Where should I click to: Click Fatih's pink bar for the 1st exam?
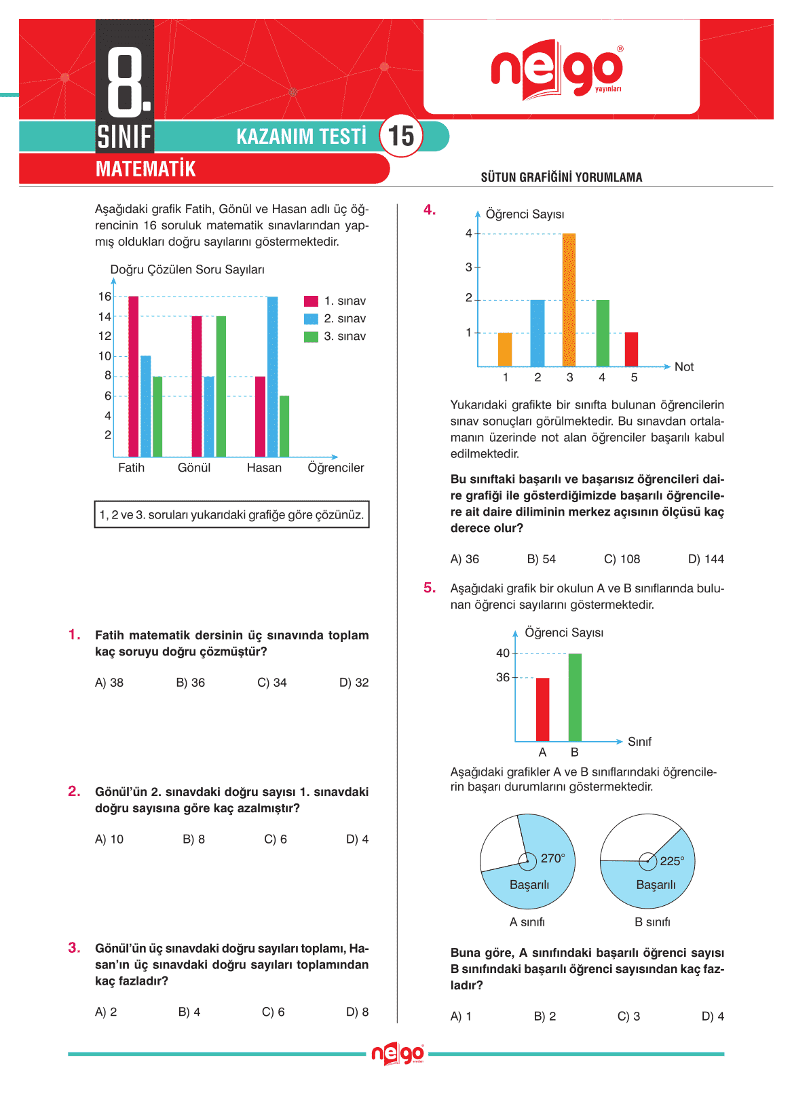tap(133, 377)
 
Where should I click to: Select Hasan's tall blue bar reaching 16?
tap(272, 377)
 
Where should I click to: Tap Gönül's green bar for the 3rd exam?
tap(221, 386)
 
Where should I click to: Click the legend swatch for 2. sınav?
tap(311, 319)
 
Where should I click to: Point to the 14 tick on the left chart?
tap(105, 317)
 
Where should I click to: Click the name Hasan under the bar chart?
tap(264, 468)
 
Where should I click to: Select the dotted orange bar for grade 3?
tap(569, 300)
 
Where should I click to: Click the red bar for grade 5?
tap(631, 349)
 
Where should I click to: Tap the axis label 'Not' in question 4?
tap(683, 367)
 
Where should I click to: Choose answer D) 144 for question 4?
tap(706, 559)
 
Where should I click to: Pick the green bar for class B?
tap(575, 697)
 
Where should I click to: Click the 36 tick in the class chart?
tap(502, 677)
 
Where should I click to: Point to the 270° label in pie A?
tap(552, 858)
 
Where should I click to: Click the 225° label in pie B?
tap(672, 861)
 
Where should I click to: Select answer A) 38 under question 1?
tap(109, 683)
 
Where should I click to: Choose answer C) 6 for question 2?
tap(275, 839)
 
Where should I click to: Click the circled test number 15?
tap(400, 136)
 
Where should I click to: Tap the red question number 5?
tap(430, 588)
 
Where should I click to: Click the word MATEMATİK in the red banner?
tap(146, 169)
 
